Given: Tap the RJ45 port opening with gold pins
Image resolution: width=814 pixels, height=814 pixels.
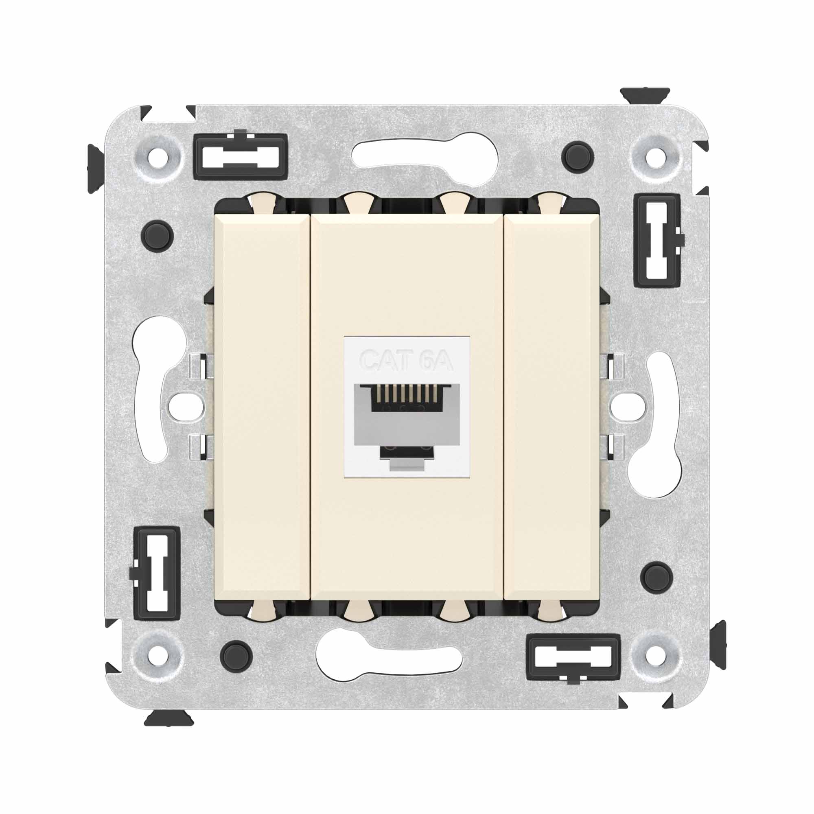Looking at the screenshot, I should [406, 400].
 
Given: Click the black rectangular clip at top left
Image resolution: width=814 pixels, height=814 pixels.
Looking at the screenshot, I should [241, 156].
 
